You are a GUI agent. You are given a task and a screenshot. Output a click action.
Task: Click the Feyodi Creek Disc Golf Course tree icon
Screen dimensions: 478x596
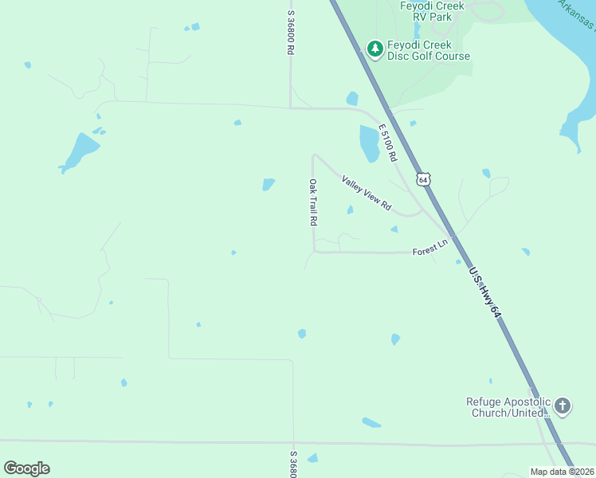[x=374, y=49]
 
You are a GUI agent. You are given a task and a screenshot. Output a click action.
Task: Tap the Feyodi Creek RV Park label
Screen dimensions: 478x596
[x=431, y=10]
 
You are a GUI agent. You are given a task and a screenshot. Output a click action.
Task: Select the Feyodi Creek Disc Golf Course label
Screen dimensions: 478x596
[x=429, y=50]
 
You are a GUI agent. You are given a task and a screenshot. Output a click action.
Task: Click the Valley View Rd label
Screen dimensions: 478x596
[x=367, y=193]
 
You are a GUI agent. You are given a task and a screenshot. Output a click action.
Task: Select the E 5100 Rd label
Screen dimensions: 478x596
[x=387, y=143]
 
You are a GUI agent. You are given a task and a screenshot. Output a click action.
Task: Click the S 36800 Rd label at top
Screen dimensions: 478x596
[x=291, y=32]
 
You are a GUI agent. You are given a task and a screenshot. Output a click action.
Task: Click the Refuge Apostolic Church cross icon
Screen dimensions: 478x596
[x=562, y=406]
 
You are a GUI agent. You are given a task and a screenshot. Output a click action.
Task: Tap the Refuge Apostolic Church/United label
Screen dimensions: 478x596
[x=508, y=407]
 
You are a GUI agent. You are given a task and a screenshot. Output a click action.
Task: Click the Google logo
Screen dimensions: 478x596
[x=26, y=468]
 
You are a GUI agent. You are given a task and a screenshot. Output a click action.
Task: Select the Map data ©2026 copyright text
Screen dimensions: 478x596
[x=562, y=472]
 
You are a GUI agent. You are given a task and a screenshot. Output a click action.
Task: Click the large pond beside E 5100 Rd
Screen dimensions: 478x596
[x=369, y=143]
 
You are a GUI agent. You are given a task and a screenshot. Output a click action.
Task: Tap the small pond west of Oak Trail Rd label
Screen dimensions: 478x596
[x=269, y=184]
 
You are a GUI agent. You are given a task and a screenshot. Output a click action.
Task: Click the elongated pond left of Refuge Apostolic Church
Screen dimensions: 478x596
[x=371, y=422]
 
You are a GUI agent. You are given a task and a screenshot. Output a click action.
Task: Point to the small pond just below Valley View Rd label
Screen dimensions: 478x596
[x=350, y=210]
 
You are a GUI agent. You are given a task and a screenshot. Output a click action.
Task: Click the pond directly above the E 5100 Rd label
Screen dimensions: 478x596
[x=352, y=99]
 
